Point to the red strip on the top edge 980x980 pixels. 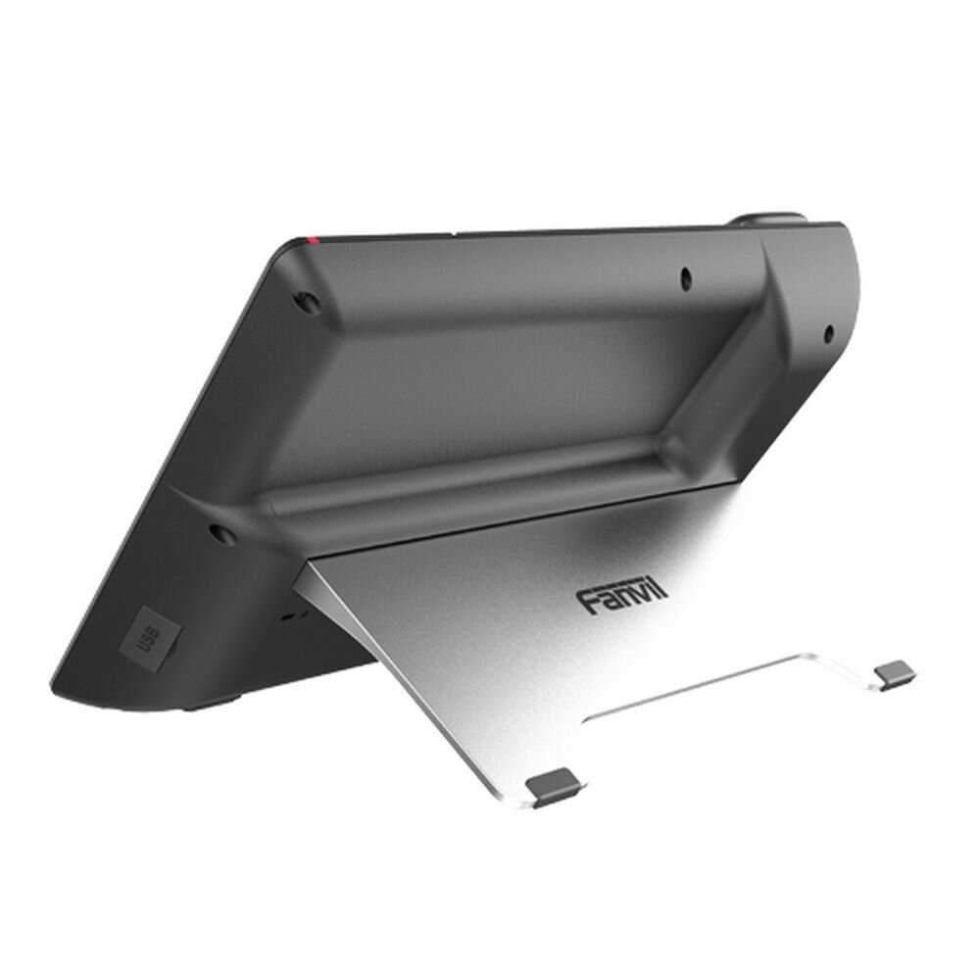pos(313,238)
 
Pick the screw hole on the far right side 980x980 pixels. pos(828,332)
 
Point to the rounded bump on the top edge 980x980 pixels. pos(769,218)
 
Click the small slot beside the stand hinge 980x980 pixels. pos(291,617)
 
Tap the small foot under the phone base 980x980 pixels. pos(211,702)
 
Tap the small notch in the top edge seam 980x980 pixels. pos(456,233)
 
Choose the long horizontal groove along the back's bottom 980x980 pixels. pos(470,490)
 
